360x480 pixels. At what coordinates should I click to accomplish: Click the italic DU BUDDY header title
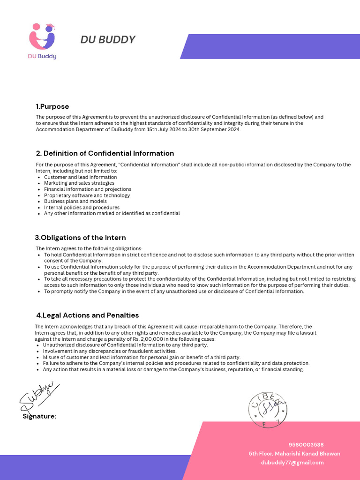coord(108,40)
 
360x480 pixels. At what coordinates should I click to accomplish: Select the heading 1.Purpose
coord(52,106)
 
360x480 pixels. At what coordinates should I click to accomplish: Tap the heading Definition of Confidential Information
coord(105,153)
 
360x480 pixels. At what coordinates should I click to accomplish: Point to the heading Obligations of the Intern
coord(81,238)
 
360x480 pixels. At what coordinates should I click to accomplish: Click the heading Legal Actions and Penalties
coord(87,315)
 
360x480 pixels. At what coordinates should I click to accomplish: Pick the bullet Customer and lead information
coord(81,177)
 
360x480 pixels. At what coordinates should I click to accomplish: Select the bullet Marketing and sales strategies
coord(79,183)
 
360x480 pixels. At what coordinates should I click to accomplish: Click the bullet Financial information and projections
coord(88,189)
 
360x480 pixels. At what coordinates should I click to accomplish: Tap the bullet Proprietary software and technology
coord(87,195)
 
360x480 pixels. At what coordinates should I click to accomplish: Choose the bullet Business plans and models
coord(75,201)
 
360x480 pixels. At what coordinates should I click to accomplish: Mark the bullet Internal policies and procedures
coord(82,207)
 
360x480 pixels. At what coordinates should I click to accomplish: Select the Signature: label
coord(39,416)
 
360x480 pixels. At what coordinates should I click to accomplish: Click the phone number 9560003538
coord(306,444)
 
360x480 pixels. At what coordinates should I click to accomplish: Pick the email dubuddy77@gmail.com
coord(292,462)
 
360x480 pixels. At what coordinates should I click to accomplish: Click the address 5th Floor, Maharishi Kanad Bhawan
coord(294,453)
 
